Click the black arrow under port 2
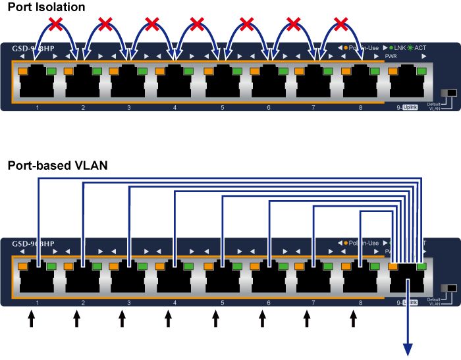click(76, 319)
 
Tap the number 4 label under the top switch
click(175, 107)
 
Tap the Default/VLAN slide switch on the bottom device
click(450, 290)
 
